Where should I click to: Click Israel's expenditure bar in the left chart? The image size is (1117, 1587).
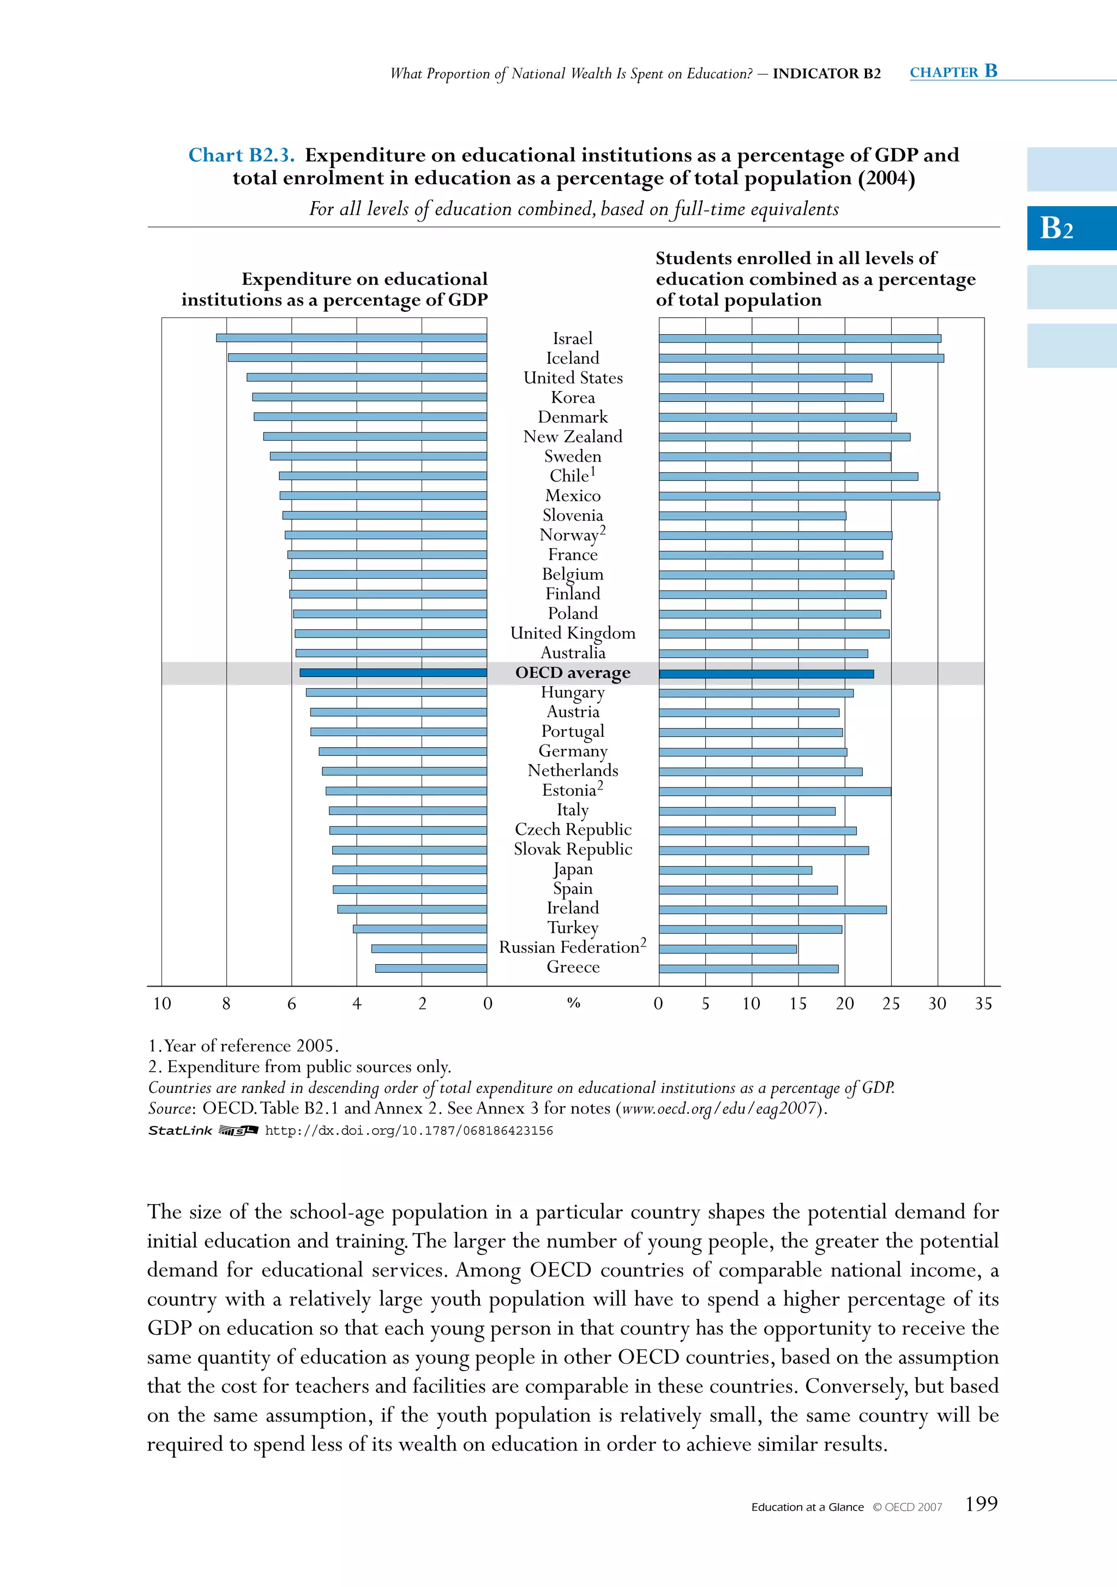[351, 338]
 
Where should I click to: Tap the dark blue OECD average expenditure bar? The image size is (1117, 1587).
[393, 672]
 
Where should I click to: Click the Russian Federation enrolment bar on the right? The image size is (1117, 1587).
[727, 949]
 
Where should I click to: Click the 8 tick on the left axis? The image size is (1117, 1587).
[226, 1003]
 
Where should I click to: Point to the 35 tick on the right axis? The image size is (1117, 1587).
[983, 1003]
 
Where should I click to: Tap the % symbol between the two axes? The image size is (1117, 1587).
[573, 1003]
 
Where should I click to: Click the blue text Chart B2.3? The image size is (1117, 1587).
[241, 155]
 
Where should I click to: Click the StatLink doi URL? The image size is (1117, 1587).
[409, 1131]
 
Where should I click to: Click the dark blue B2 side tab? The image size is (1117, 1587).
[1071, 228]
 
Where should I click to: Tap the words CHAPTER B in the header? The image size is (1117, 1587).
[953, 72]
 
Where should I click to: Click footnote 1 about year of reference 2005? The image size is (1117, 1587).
[243, 1046]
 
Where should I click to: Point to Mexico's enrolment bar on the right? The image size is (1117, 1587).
[798, 496]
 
